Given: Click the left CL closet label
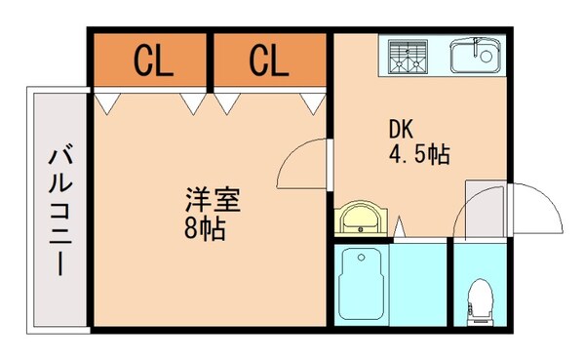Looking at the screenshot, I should (153, 61).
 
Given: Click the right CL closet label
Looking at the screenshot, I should (269, 61).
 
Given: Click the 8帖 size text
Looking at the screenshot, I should (205, 230).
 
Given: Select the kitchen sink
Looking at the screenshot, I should (475, 56).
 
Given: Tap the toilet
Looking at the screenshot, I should (480, 299).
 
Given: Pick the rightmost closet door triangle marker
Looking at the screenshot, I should (312, 100).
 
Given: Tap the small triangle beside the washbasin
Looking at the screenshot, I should (399, 229).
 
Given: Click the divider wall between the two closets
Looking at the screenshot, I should (211, 62).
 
